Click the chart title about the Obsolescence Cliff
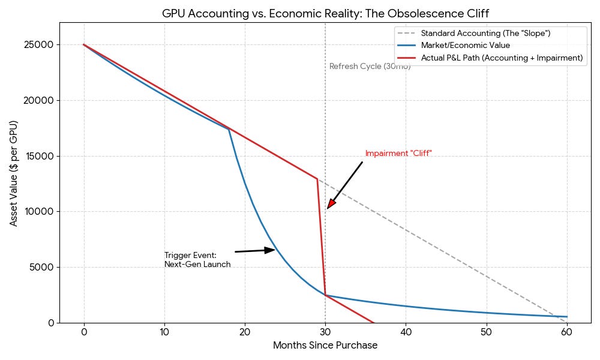point(329,13)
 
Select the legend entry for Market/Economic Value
point(465,46)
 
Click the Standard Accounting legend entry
point(485,34)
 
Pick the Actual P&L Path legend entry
point(502,58)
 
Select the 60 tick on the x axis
point(567,332)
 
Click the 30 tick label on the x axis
point(325,332)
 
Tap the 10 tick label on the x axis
point(164,332)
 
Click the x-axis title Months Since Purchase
point(325,346)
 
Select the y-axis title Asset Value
point(14,173)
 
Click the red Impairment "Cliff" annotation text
point(398,154)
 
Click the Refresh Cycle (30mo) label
point(370,67)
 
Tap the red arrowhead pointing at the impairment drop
point(331,204)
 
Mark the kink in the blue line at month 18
point(229,129)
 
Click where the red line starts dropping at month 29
point(317,179)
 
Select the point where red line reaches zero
point(373,322)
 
